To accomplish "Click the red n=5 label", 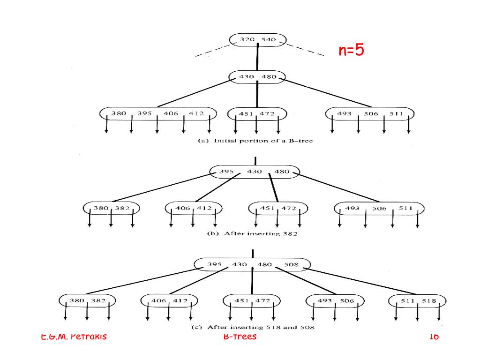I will coord(351,50).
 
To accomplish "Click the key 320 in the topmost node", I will coord(247,40).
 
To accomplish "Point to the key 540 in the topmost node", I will coord(269,40).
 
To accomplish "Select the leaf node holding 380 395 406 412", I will coord(157,113).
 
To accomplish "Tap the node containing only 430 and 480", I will coord(257,77).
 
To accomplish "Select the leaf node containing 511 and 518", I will coord(417,300).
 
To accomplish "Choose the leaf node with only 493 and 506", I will coord(336,300).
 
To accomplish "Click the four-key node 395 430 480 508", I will coord(252,264).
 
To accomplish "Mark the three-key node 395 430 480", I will coord(255,172).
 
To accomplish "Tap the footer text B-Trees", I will coord(240,337).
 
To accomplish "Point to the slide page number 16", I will coord(434,337).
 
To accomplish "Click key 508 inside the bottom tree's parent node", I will coord(291,264).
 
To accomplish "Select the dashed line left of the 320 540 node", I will coord(212,52).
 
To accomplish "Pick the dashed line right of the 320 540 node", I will coord(305,50).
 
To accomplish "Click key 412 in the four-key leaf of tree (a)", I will coord(196,113).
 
